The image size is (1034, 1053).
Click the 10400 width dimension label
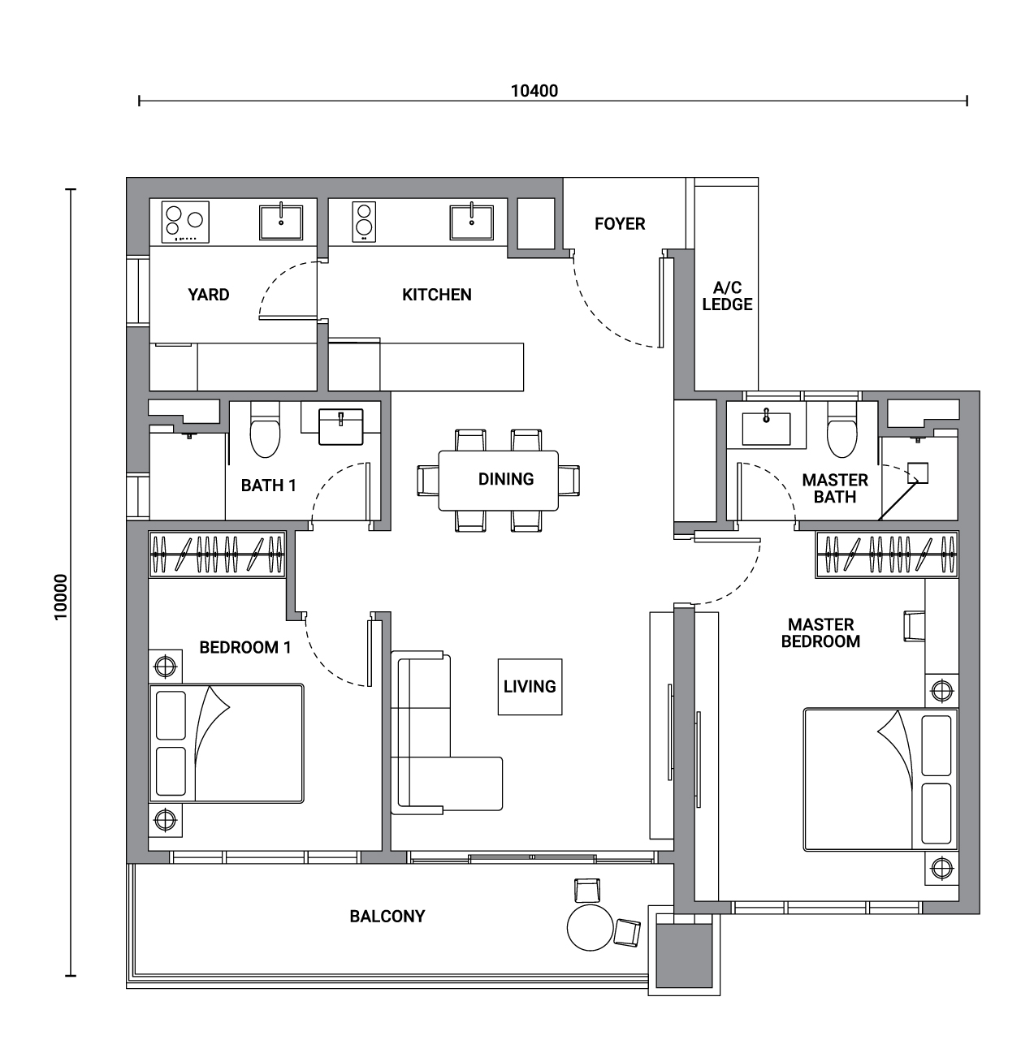(x=534, y=91)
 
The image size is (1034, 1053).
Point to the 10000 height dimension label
(x=61, y=597)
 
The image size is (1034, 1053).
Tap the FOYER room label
(x=620, y=223)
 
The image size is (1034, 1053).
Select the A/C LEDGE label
(x=727, y=296)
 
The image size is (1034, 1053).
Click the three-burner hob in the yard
(x=185, y=222)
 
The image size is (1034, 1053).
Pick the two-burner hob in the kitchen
(x=364, y=222)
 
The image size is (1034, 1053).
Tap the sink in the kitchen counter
(x=471, y=222)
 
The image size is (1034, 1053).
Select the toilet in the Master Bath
(x=842, y=429)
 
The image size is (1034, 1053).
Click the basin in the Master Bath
(x=766, y=429)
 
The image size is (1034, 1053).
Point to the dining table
(x=498, y=481)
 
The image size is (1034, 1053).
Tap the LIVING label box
(x=530, y=687)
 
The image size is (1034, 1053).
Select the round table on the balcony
(x=590, y=928)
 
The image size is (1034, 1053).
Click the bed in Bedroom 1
(x=227, y=744)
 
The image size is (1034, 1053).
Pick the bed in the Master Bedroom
(x=880, y=779)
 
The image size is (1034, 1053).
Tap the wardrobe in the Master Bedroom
(x=887, y=554)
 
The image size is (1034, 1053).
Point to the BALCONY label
(x=387, y=917)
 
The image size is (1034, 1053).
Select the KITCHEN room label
(x=436, y=295)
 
